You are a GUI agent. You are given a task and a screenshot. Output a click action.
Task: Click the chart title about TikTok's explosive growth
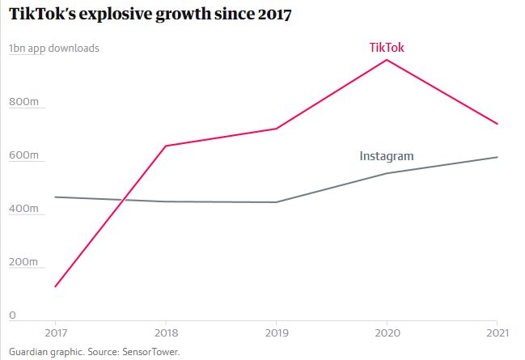coord(150,14)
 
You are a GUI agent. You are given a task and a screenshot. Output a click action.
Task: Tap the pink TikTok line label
coord(387,48)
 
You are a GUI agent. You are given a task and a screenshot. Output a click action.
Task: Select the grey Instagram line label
coord(387,156)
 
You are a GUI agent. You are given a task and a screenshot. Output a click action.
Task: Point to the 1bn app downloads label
coord(54,48)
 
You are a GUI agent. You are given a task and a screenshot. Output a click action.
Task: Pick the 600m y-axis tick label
coord(24,155)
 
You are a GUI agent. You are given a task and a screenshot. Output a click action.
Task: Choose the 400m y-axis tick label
coord(24,209)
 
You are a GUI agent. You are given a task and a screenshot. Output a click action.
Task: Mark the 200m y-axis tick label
coord(24,262)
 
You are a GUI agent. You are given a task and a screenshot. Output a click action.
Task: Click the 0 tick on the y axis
coord(12,315)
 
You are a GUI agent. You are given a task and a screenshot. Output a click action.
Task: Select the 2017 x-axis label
coord(56,332)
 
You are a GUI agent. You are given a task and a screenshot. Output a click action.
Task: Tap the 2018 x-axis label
coord(166,332)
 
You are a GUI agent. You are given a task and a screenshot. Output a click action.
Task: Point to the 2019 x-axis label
coord(277,332)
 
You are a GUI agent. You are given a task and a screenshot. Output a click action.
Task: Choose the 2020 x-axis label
coord(387,332)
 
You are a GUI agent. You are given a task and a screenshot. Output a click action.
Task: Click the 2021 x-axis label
coord(497,332)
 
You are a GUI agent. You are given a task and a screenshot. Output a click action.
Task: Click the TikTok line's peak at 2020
coord(387,60)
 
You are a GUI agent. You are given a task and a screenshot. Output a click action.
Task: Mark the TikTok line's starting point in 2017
coord(56,286)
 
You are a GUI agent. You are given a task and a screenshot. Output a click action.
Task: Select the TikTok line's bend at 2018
coord(166,146)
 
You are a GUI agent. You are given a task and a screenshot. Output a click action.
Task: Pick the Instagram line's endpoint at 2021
coord(497,157)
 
